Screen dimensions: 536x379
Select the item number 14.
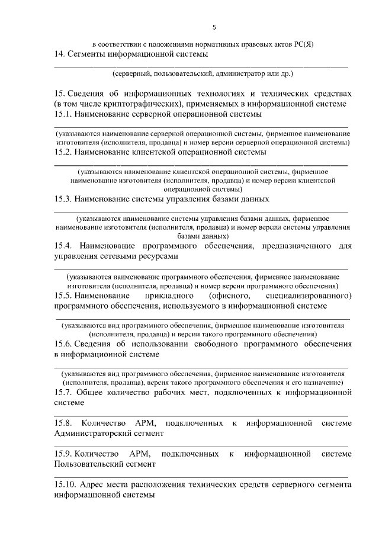coord(59,54)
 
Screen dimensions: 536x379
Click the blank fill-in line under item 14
coord(201,68)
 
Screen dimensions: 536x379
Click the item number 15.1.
coord(62,114)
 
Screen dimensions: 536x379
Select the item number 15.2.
coord(62,152)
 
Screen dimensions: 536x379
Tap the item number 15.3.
coord(62,199)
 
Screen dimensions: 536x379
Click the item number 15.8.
coord(62,423)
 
